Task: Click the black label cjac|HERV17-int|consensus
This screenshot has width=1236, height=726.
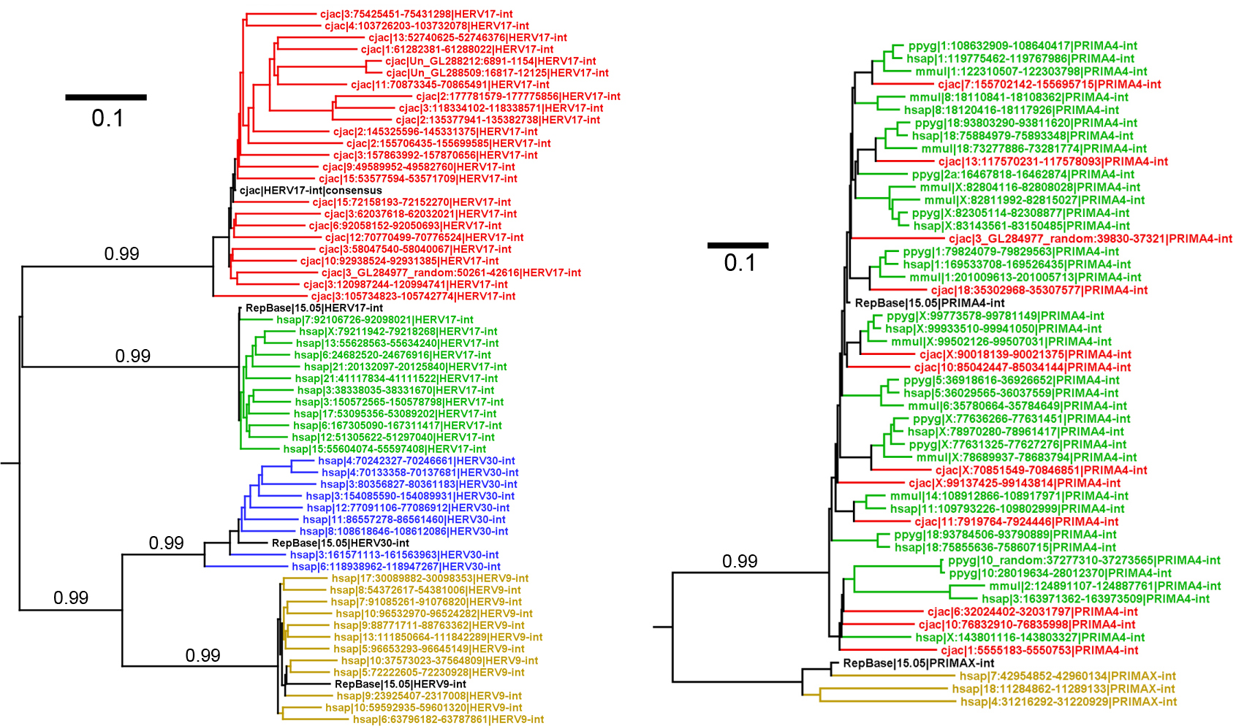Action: (x=311, y=191)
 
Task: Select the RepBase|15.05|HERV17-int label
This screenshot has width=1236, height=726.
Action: (x=314, y=308)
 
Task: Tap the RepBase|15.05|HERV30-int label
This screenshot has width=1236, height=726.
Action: (x=340, y=543)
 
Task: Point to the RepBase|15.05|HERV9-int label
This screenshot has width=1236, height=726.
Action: (x=400, y=684)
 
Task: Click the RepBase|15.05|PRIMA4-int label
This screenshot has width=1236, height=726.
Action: (x=930, y=303)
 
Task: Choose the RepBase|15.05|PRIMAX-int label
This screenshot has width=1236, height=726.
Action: (x=918, y=663)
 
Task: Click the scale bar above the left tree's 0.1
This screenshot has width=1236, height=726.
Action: (x=106, y=97)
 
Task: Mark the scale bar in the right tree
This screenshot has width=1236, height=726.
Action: (x=738, y=245)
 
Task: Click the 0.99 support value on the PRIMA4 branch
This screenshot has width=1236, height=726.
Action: (x=740, y=561)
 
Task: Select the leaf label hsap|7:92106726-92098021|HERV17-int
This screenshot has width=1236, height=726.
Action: (x=374, y=320)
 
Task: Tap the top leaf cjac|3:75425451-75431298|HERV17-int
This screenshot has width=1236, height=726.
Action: (x=416, y=14)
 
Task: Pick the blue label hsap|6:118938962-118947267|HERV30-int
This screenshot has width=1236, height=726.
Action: (x=395, y=567)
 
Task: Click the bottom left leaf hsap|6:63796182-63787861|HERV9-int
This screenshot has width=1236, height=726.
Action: (x=448, y=719)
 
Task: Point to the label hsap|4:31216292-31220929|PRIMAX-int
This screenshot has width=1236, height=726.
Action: (x=1068, y=702)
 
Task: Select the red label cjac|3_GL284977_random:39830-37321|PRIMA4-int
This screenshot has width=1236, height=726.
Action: (x=1090, y=239)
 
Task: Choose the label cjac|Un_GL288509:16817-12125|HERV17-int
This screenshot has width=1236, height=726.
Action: (x=497, y=73)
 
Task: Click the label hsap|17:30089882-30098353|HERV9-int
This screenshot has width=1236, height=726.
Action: (x=430, y=578)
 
